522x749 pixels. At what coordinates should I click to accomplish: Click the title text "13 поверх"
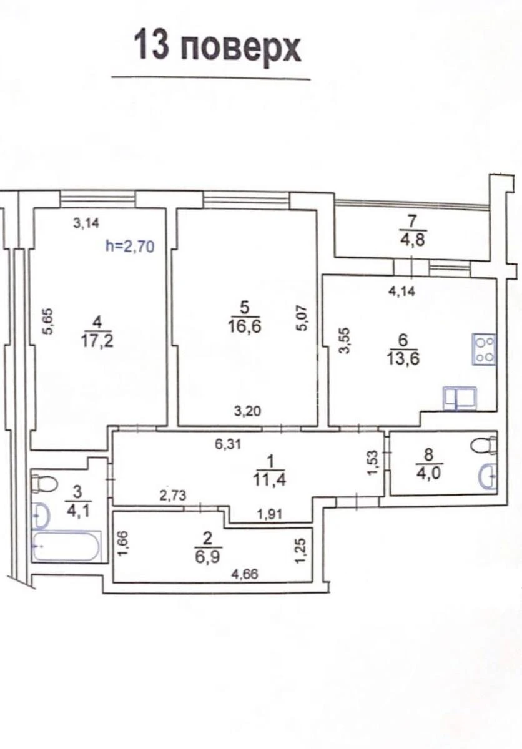pos(217,48)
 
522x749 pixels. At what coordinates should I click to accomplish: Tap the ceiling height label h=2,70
pos(130,247)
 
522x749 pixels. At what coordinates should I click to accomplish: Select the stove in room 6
pos(483,349)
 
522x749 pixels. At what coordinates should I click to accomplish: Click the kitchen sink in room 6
pos(460,398)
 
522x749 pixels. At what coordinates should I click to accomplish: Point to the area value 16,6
pos(244,326)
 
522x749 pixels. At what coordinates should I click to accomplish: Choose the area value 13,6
pos(403,360)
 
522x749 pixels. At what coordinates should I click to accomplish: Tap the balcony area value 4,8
pos(412,240)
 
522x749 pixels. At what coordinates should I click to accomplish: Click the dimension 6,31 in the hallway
pos(228,444)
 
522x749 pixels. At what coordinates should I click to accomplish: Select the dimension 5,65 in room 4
pos(47,321)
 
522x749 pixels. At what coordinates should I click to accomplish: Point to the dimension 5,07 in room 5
pos(303,317)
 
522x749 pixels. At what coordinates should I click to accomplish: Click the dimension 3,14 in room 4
pos(86,223)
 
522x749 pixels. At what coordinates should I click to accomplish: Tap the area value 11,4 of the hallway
pos(270,481)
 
